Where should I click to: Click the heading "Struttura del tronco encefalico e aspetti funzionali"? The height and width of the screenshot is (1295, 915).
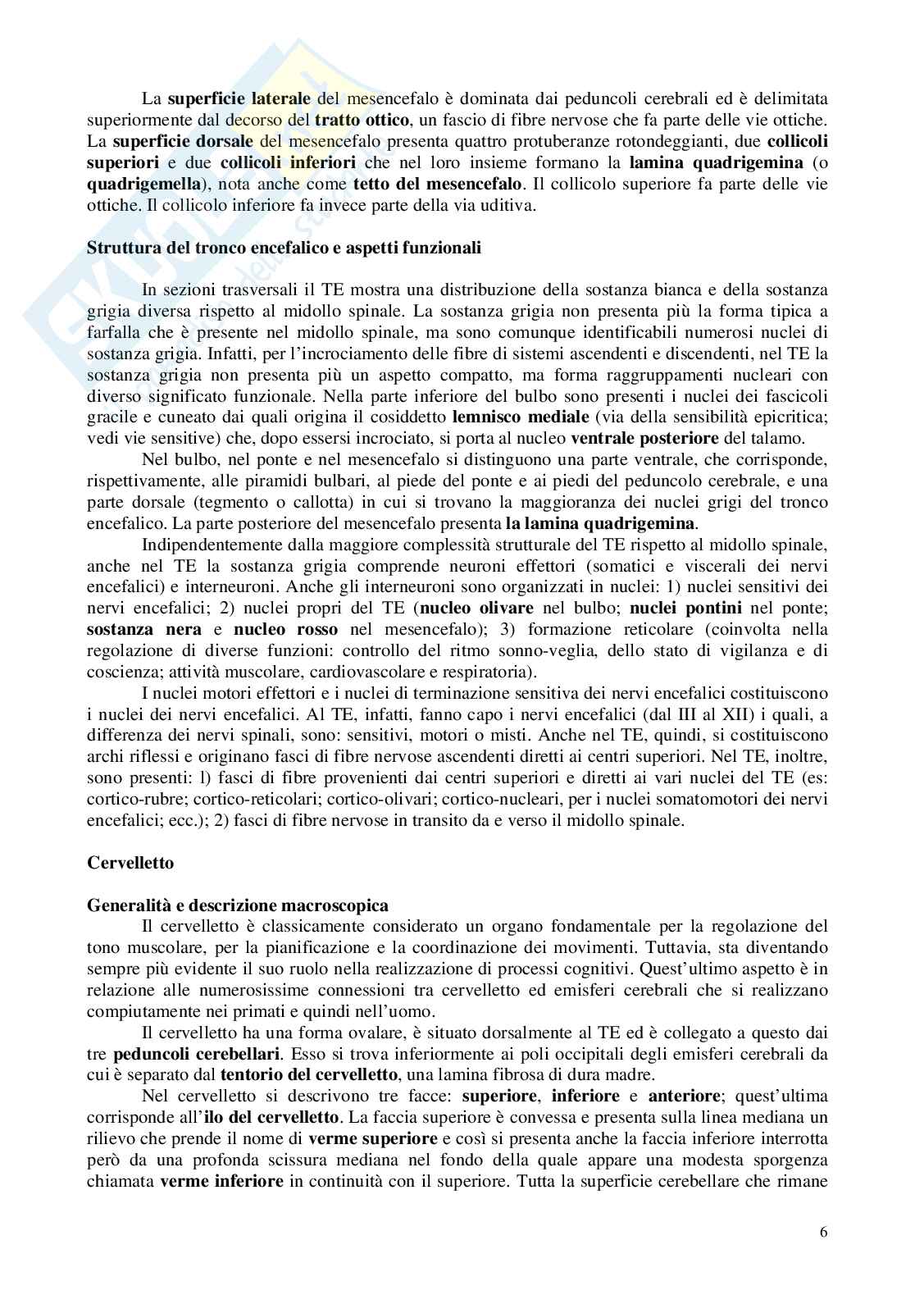284,249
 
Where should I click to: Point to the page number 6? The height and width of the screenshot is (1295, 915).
822,1256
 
